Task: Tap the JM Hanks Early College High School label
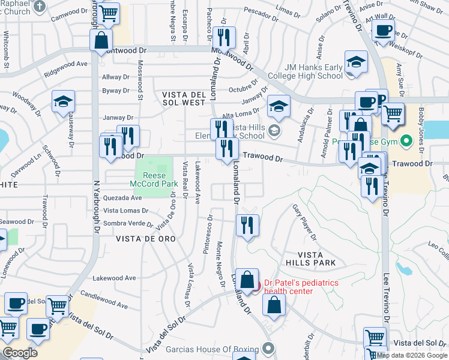tap(306, 71)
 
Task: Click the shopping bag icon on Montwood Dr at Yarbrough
tap(101, 40)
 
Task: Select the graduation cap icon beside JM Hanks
tap(356, 62)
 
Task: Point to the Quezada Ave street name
tap(122, 198)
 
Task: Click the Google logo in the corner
tap(20, 352)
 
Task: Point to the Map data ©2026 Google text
tap(411, 355)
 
